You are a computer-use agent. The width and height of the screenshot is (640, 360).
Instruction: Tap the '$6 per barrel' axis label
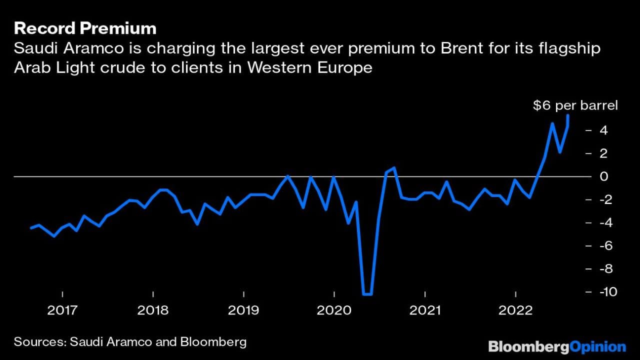[x=575, y=105]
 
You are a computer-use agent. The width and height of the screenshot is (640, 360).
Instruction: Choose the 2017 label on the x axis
[x=62, y=310]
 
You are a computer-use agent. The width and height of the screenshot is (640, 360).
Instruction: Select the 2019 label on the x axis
[x=243, y=310]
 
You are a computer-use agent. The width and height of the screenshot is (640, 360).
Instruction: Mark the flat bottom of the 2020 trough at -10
[x=367, y=294]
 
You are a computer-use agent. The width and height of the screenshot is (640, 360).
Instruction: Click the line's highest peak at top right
[x=568, y=115]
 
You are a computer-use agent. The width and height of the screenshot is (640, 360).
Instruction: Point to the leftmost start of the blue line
[x=31, y=228]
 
